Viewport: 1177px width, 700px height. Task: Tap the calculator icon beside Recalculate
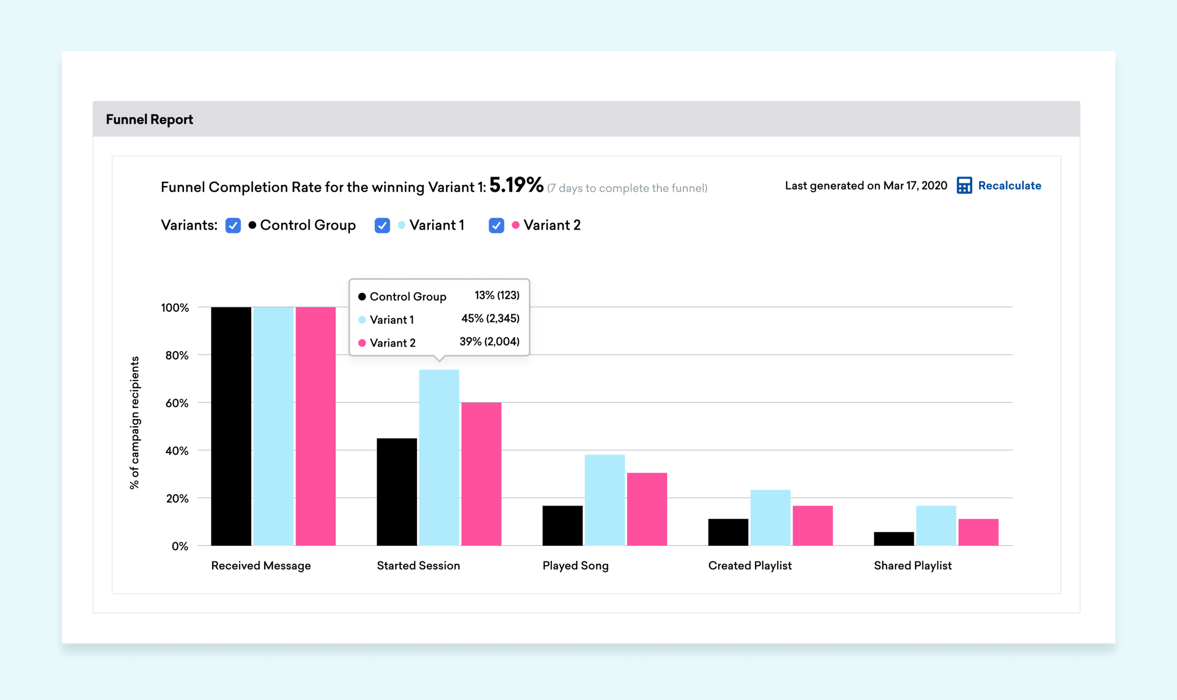(964, 185)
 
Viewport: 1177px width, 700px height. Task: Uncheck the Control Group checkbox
(233, 225)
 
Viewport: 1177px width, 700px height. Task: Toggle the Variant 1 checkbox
(382, 225)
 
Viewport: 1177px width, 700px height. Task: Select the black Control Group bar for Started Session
(397, 492)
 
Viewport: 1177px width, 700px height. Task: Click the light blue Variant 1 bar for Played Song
(604, 500)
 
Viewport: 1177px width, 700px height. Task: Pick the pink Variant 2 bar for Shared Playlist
(978, 532)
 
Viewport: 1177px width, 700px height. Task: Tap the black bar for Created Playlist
(728, 532)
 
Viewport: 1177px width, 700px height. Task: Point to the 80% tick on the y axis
(177, 355)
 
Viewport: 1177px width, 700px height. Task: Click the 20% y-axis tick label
(177, 499)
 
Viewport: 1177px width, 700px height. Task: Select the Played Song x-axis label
(576, 566)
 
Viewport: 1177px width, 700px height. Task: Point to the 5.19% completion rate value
(516, 185)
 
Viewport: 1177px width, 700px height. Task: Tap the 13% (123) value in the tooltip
(497, 295)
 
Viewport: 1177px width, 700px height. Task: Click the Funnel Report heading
(150, 119)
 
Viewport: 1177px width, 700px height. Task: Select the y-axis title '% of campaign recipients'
(135, 423)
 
